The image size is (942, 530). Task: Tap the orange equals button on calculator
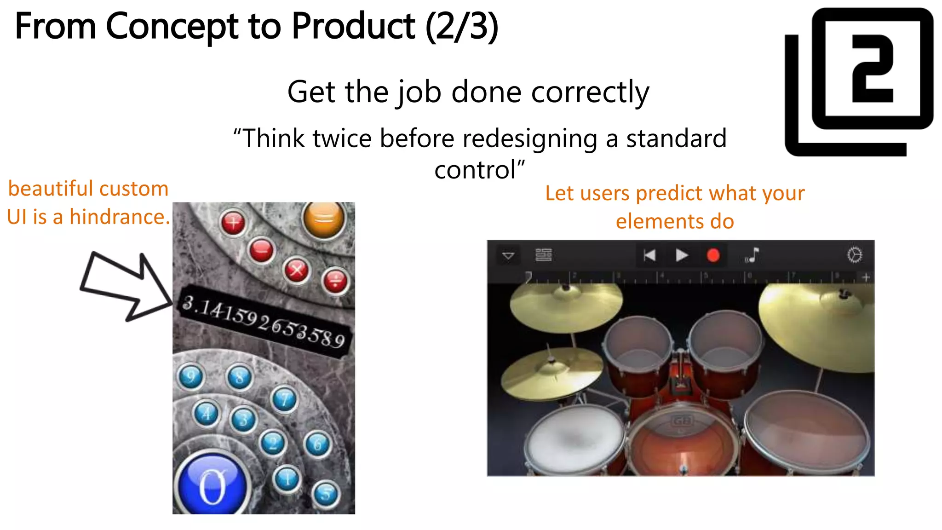[x=324, y=219]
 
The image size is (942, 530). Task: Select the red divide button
[x=335, y=281]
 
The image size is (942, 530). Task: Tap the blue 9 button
[x=190, y=377]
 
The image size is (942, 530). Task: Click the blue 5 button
[x=326, y=494]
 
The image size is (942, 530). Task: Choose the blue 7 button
[x=285, y=399]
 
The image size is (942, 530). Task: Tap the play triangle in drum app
[x=682, y=255]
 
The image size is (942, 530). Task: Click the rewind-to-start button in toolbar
[x=649, y=255]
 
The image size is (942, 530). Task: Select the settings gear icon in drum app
[x=855, y=254]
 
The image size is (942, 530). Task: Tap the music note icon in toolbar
[x=752, y=255]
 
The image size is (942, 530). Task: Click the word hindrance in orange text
[x=120, y=217]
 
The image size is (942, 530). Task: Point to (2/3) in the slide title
[x=461, y=27]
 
